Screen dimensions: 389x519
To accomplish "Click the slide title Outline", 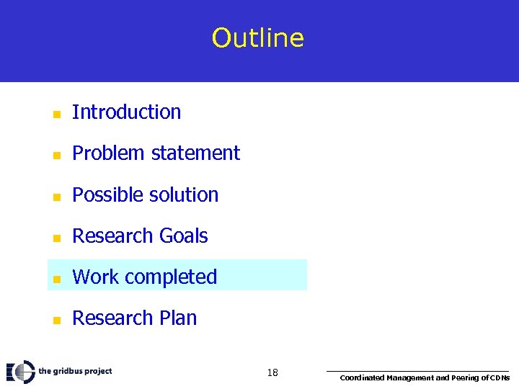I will (x=258, y=38).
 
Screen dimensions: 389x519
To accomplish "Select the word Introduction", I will (x=127, y=112).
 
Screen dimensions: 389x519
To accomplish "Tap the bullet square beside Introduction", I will (x=56, y=114).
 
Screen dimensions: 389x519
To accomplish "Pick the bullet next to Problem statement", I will (x=56, y=155).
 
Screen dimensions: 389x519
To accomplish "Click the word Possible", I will (x=104, y=195).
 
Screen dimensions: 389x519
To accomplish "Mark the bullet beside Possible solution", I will (x=56, y=196).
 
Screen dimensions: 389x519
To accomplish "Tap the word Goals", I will (x=183, y=236).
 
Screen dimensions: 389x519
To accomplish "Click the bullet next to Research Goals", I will (x=56, y=238).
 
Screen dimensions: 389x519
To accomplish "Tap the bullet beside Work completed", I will (x=56, y=279).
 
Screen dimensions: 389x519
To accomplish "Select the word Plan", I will (x=178, y=318).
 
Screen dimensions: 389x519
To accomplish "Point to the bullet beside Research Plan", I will (x=56, y=320).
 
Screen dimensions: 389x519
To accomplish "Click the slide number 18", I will (x=272, y=372).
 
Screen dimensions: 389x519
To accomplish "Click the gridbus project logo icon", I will (x=20, y=372).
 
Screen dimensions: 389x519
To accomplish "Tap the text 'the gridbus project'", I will (x=75, y=372).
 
